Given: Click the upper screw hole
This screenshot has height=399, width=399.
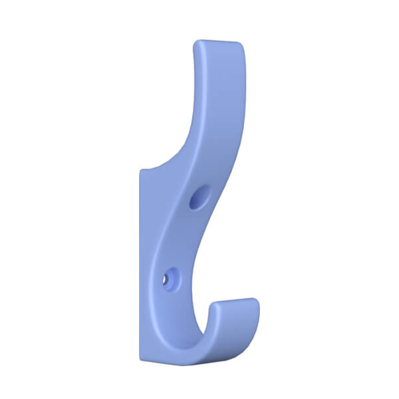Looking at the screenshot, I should pyautogui.click(x=198, y=198).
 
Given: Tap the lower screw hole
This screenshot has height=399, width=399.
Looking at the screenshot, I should pyautogui.click(x=170, y=277).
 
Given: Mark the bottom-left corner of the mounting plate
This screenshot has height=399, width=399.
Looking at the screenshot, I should pyautogui.click(x=141, y=360).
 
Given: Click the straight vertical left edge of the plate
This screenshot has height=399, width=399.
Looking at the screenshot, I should pyautogui.click(x=140, y=266).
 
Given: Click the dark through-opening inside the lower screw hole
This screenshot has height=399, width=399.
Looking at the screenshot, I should pyautogui.click(x=167, y=280).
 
